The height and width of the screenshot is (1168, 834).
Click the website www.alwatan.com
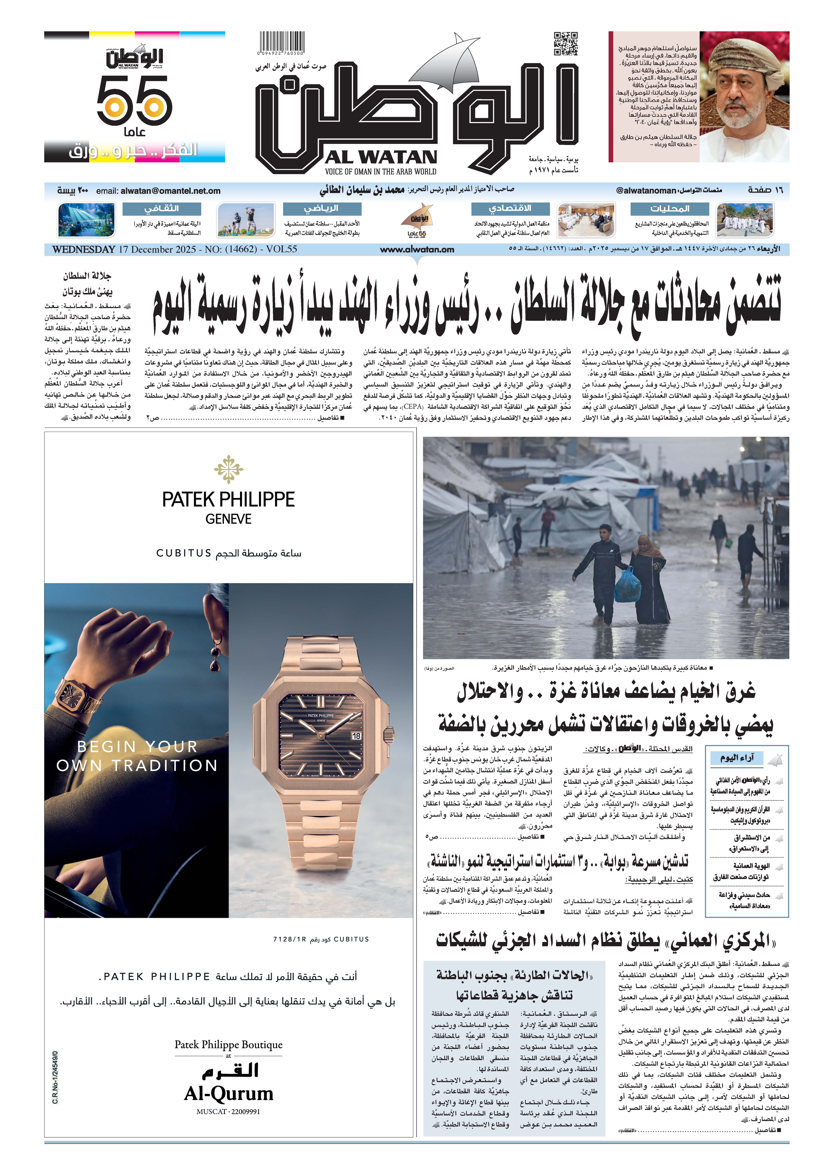(417, 250)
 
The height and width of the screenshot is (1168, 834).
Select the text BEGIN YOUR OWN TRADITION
(137, 756)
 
